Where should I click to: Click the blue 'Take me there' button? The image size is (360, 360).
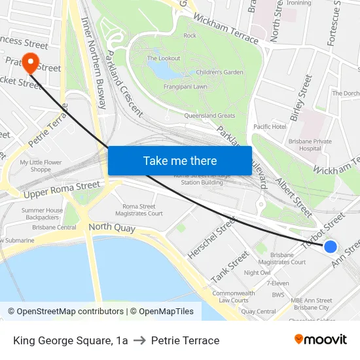179,160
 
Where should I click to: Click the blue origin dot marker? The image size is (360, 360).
331,247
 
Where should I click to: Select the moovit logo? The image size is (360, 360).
320,339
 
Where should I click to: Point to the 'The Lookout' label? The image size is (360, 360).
164,58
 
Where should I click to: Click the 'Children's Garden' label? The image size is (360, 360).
219,72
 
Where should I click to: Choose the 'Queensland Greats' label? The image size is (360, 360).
209,116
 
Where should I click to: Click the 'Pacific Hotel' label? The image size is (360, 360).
270,126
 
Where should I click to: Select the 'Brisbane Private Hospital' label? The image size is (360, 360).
310,145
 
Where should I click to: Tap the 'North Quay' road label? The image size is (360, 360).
110,227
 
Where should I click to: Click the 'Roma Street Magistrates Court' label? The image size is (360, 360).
142,209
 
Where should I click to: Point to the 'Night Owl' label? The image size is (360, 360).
257,272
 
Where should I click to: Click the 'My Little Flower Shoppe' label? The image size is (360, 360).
41,166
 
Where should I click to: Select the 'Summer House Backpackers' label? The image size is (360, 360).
42,213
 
